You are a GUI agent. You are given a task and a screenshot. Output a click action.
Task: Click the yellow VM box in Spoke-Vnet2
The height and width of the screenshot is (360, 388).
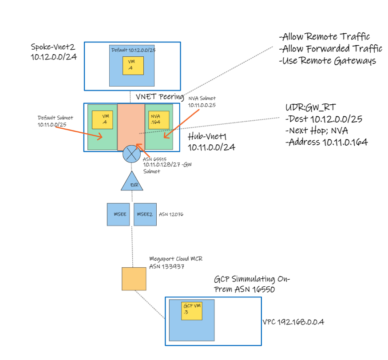(133, 65)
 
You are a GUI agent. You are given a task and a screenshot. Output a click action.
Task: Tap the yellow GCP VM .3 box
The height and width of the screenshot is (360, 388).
(192, 311)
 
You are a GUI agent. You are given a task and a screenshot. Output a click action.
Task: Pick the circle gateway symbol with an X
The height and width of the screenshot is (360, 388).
(132, 154)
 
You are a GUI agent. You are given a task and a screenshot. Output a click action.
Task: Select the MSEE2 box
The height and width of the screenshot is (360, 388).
(145, 214)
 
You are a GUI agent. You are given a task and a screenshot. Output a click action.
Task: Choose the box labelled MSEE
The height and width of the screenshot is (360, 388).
(118, 214)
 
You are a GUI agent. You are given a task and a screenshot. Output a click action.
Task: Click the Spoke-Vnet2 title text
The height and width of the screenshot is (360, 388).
(52, 47)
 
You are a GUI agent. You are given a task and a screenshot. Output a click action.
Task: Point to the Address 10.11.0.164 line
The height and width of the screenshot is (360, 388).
(327, 142)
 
